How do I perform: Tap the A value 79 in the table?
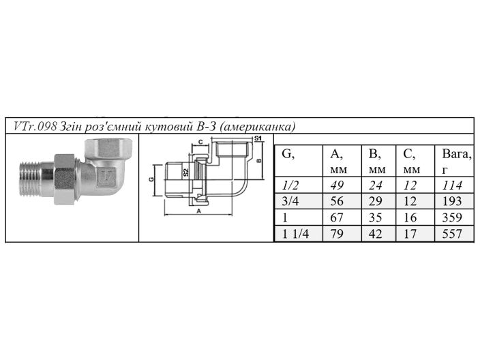(x=337, y=233)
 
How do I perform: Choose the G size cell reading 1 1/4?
(x=295, y=233)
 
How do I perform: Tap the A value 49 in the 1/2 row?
(x=337, y=185)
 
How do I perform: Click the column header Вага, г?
(x=455, y=162)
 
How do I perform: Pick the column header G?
(x=288, y=154)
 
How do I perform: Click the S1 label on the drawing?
(x=258, y=139)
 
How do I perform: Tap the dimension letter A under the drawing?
(x=199, y=212)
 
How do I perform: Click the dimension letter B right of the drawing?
(x=259, y=162)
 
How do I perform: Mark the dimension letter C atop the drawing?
(x=200, y=142)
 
